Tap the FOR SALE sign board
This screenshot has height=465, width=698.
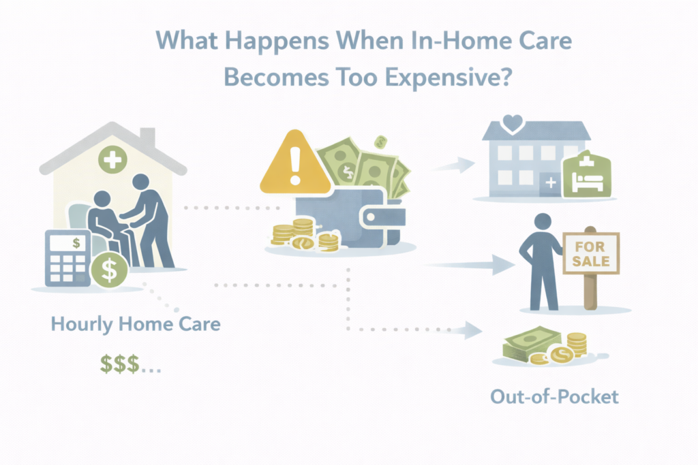tap(590, 252)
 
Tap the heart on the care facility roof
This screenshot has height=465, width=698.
tap(512, 123)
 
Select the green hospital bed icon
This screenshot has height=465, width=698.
tap(586, 174)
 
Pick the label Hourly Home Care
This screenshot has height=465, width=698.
tap(136, 323)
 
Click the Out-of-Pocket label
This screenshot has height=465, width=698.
tap(554, 397)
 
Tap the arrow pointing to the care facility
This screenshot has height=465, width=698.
tap(457, 164)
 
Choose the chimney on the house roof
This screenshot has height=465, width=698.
tap(147, 137)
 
